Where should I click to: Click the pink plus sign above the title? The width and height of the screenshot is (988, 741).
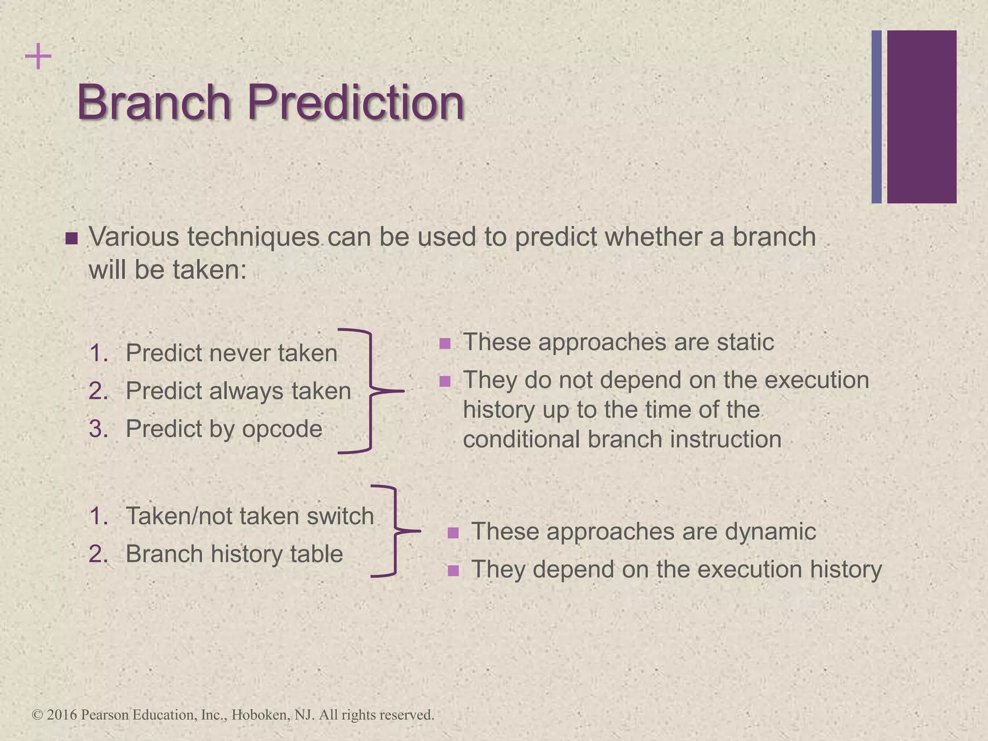pyautogui.click(x=38, y=56)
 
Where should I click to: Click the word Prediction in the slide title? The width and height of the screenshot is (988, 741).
pyautogui.click(x=356, y=102)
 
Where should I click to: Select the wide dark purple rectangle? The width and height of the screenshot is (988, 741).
pyautogui.click(x=921, y=117)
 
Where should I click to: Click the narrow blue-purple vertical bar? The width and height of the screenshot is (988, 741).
pyautogui.click(x=877, y=117)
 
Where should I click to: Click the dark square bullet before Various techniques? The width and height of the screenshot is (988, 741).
pyautogui.click(x=71, y=239)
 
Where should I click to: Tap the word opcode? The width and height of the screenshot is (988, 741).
pyautogui.click(x=282, y=429)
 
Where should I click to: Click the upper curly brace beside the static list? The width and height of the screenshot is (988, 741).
pyautogui.click(x=370, y=391)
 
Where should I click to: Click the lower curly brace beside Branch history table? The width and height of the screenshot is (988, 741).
pyautogui.click(x=395, y=531)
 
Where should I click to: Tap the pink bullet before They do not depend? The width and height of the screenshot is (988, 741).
pyautogui.click(x=445, y=382)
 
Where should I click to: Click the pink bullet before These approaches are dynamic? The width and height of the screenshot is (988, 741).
pyautogui.click(x=453, y=533)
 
